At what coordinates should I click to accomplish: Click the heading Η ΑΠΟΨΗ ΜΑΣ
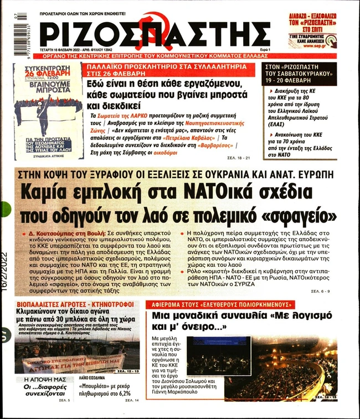pos(42,380)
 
